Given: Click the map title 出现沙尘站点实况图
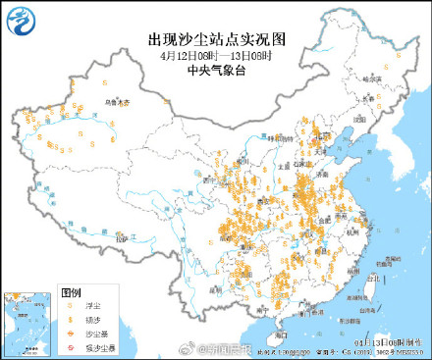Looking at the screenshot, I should coord(215,39).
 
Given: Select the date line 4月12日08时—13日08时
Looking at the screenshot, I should coord(215,56).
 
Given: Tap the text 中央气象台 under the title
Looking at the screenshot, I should coord(215,70).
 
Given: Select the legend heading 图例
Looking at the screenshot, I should coord(71,293).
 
